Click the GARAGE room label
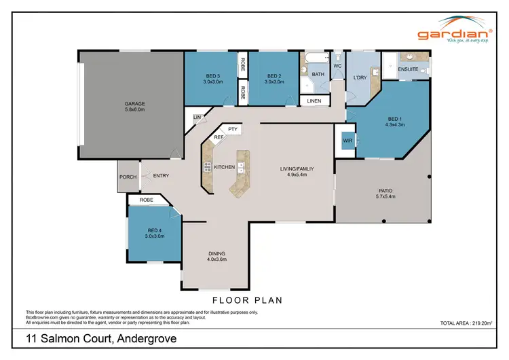point(135,104)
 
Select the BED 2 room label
point(274,76)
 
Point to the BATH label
point(318,74)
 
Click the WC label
point(337,66)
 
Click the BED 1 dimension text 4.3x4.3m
point(394,124)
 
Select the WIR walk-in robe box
point(347,142)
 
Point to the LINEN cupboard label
point(314,101)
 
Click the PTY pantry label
point(232,128)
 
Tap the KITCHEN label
point(225,166)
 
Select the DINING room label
point(216,253)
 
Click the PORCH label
point(128,177)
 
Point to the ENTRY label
point(160,176)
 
